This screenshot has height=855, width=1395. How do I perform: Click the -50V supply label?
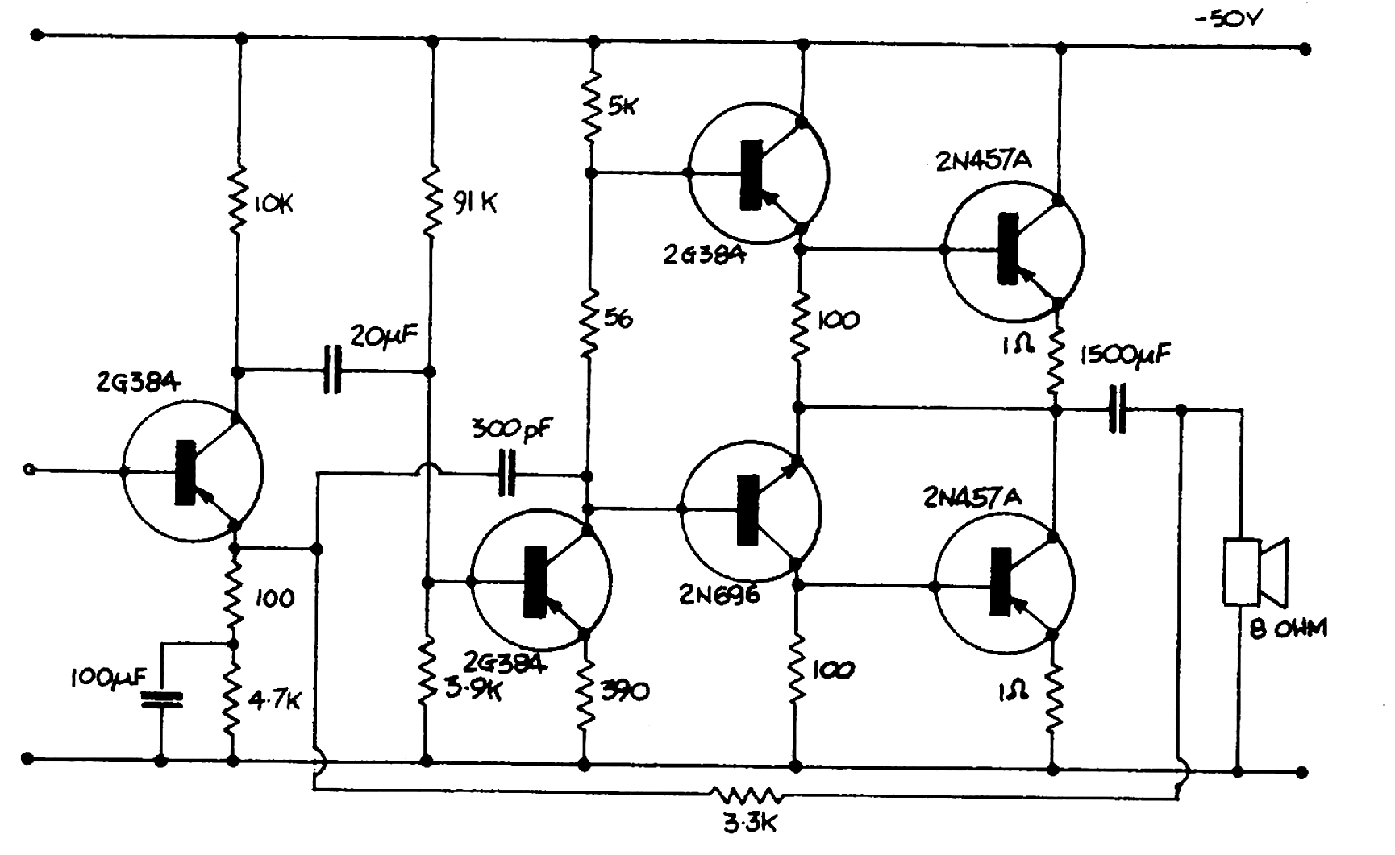point(1228,18)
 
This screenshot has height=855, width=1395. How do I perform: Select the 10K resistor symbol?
point(237,201)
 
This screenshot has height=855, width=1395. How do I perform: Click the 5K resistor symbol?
point(592,106)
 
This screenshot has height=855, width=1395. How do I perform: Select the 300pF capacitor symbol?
point(507,473)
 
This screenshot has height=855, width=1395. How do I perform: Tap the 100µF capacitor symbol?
point(161,699)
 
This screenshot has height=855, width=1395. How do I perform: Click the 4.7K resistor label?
point(274,701)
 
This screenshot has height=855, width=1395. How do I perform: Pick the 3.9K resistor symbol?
point(427,670)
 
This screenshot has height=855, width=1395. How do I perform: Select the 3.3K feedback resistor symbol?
point(747,797)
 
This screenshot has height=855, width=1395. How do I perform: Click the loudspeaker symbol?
point(1255,571)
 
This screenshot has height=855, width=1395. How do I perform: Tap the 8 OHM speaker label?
point(1288,629)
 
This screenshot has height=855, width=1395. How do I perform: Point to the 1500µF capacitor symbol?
point(1117,409)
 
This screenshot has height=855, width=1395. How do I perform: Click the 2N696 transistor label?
point(719,596)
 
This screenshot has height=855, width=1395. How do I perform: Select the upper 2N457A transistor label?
point(983,161)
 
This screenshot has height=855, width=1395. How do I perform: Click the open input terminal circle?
point(30,469)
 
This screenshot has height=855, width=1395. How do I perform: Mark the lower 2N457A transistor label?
point(972,498)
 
